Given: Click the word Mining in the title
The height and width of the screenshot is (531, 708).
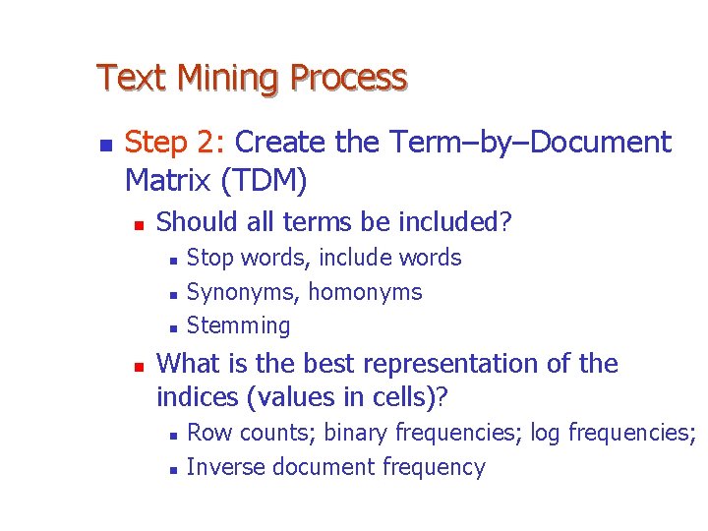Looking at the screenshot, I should (x=220, y=78).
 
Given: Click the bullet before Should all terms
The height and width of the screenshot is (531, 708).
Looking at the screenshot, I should (x=139, y=225).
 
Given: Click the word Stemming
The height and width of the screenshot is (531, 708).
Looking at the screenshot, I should (x=238, y=325).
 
